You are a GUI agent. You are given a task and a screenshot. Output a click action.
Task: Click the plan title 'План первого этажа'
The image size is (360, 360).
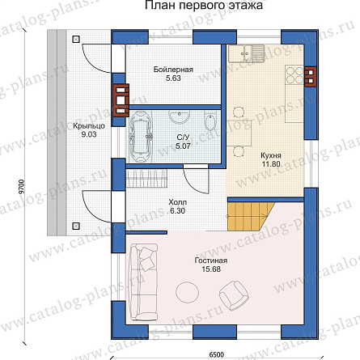coord(204,5)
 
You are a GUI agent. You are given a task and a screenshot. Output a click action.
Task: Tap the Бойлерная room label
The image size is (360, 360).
coord(173,70)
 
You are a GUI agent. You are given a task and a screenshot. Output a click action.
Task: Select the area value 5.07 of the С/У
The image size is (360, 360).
coord(183,146)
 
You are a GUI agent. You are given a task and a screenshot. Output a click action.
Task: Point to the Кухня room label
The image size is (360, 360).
coord(271,155)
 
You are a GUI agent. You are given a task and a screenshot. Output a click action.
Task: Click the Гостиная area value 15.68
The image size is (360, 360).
coord(211,269)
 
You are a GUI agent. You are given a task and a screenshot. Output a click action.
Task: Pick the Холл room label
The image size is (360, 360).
coord(177,202)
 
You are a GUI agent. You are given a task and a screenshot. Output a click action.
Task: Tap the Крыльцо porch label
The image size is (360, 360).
coord(89,126)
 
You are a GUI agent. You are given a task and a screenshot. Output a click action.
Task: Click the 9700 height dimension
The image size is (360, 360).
coord(22,186)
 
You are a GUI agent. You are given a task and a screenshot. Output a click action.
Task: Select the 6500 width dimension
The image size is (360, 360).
coord(216,354)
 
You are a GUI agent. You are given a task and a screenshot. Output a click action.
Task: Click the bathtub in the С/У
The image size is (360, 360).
coord(140,137)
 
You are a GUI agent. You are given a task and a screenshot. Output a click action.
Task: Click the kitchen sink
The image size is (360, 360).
coord(246,53)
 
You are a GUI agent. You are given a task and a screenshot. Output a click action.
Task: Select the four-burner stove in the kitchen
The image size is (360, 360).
coord(294,75)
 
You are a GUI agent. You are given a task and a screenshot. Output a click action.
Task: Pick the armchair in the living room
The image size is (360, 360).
coord(234,294)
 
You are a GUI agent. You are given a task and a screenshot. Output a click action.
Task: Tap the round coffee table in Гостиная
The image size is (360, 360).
coord(187,292)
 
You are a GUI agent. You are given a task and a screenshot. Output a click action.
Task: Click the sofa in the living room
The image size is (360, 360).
coord(144,282)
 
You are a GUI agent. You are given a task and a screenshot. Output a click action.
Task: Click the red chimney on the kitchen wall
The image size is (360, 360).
coord(311,76)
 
